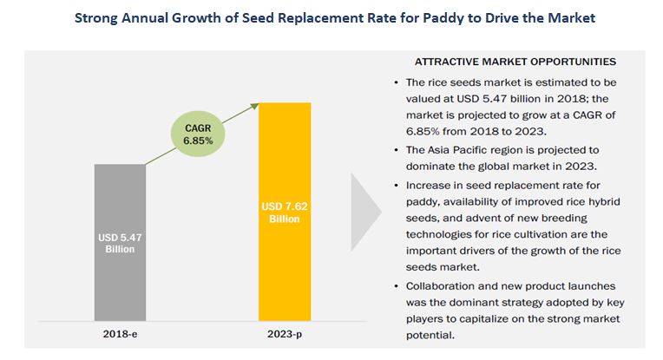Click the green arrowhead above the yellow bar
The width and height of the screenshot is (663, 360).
pos(258,105)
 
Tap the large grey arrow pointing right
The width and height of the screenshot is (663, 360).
pos(365,213)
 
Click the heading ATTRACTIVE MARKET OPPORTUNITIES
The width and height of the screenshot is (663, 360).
pos(515,62)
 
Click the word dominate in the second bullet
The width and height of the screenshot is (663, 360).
pos(434,164)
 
